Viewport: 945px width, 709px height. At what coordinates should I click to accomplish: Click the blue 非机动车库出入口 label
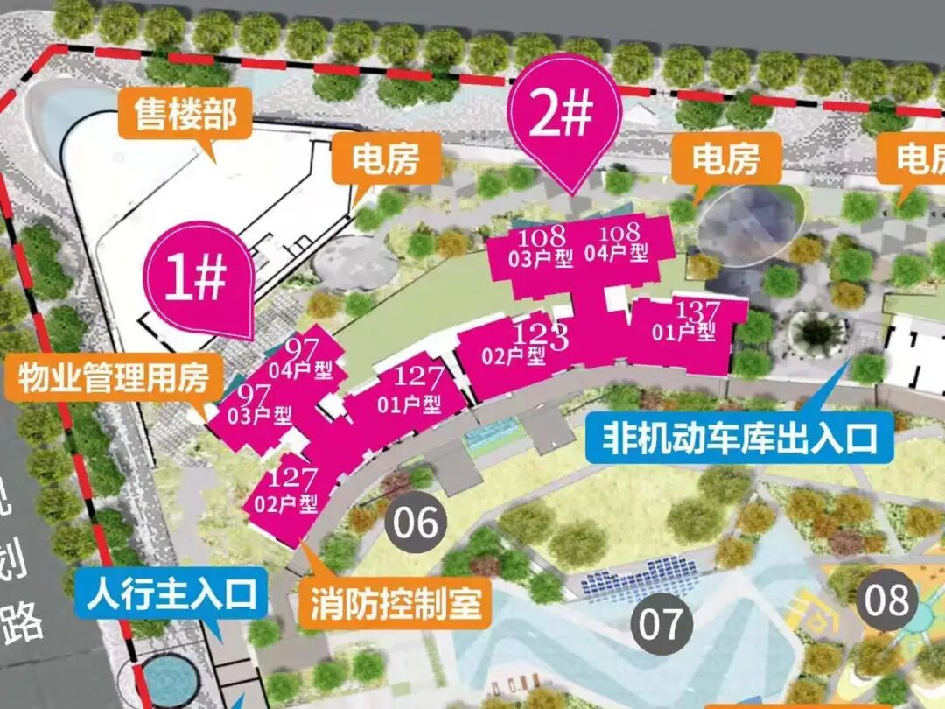740,435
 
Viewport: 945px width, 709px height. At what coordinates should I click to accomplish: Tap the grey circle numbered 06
416,523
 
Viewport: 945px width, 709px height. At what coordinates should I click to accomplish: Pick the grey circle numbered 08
887,601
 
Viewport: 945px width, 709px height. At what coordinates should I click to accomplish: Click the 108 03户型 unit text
543,247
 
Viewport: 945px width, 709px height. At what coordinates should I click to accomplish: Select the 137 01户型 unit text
688,321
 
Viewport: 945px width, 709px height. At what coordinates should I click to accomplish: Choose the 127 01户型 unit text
410,391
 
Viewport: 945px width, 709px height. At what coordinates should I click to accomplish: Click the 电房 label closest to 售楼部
386,160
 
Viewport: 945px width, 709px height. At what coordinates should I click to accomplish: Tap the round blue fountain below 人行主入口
165,679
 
